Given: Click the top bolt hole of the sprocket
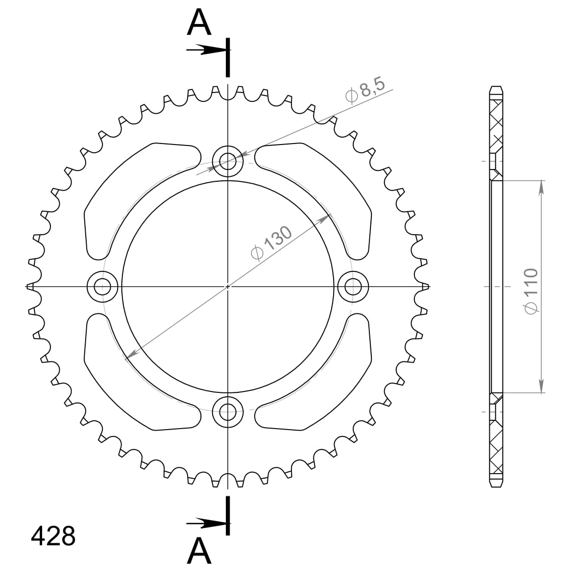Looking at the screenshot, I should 228,160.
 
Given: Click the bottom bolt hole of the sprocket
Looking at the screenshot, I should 228,412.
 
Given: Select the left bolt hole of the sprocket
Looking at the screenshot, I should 102,287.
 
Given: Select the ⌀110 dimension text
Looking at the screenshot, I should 531,290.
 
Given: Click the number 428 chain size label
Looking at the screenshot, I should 53,536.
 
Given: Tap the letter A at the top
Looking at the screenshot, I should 199,23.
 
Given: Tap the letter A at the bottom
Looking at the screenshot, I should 199,551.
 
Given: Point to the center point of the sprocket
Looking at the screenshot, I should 228,287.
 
